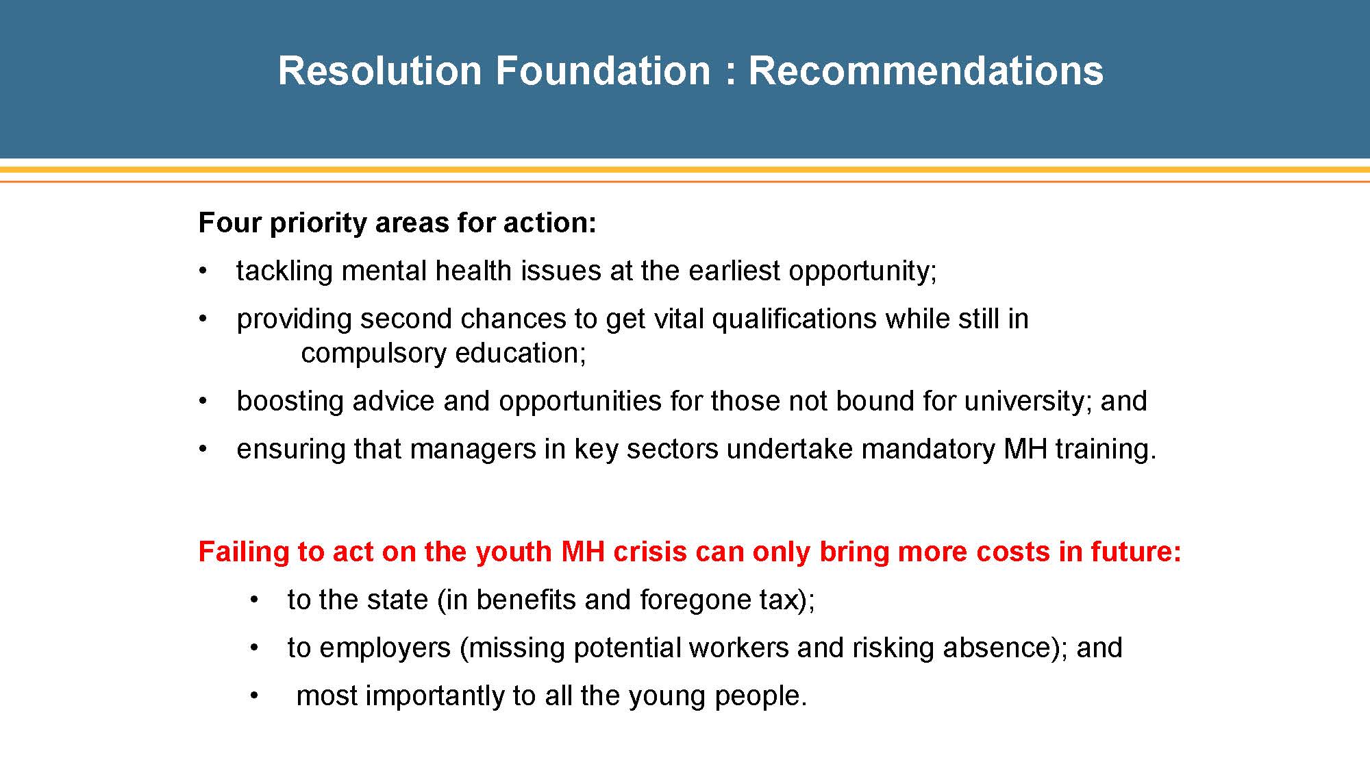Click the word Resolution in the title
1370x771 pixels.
pyautogui.click(x=380, y=71)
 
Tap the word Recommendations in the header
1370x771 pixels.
pyautogui.click(x=925, y=71)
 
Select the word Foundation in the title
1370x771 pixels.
pyautogui.click(x=603, y=71)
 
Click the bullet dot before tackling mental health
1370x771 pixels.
pyautogui.click(x=203, y=271)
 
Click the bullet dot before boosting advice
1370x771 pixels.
pyautogui.click(x=203, y=401)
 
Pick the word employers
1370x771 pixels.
pyautogui.click(x=385, y=648)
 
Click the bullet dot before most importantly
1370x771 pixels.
pyautogui.click(x=254, y=696)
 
